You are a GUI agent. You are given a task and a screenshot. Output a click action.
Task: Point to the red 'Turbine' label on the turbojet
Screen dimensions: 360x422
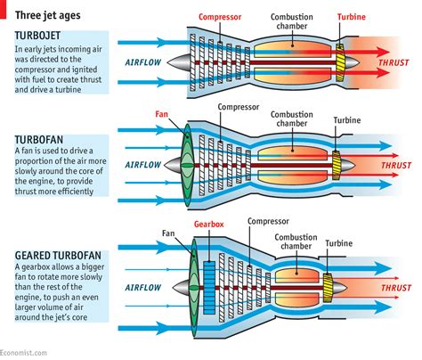click(x=351, y=17)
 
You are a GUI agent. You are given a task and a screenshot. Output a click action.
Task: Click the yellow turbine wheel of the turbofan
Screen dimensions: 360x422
click(x=337, y=165)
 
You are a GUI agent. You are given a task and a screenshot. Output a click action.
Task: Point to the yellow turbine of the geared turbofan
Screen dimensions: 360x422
click(x=327, y=287)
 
